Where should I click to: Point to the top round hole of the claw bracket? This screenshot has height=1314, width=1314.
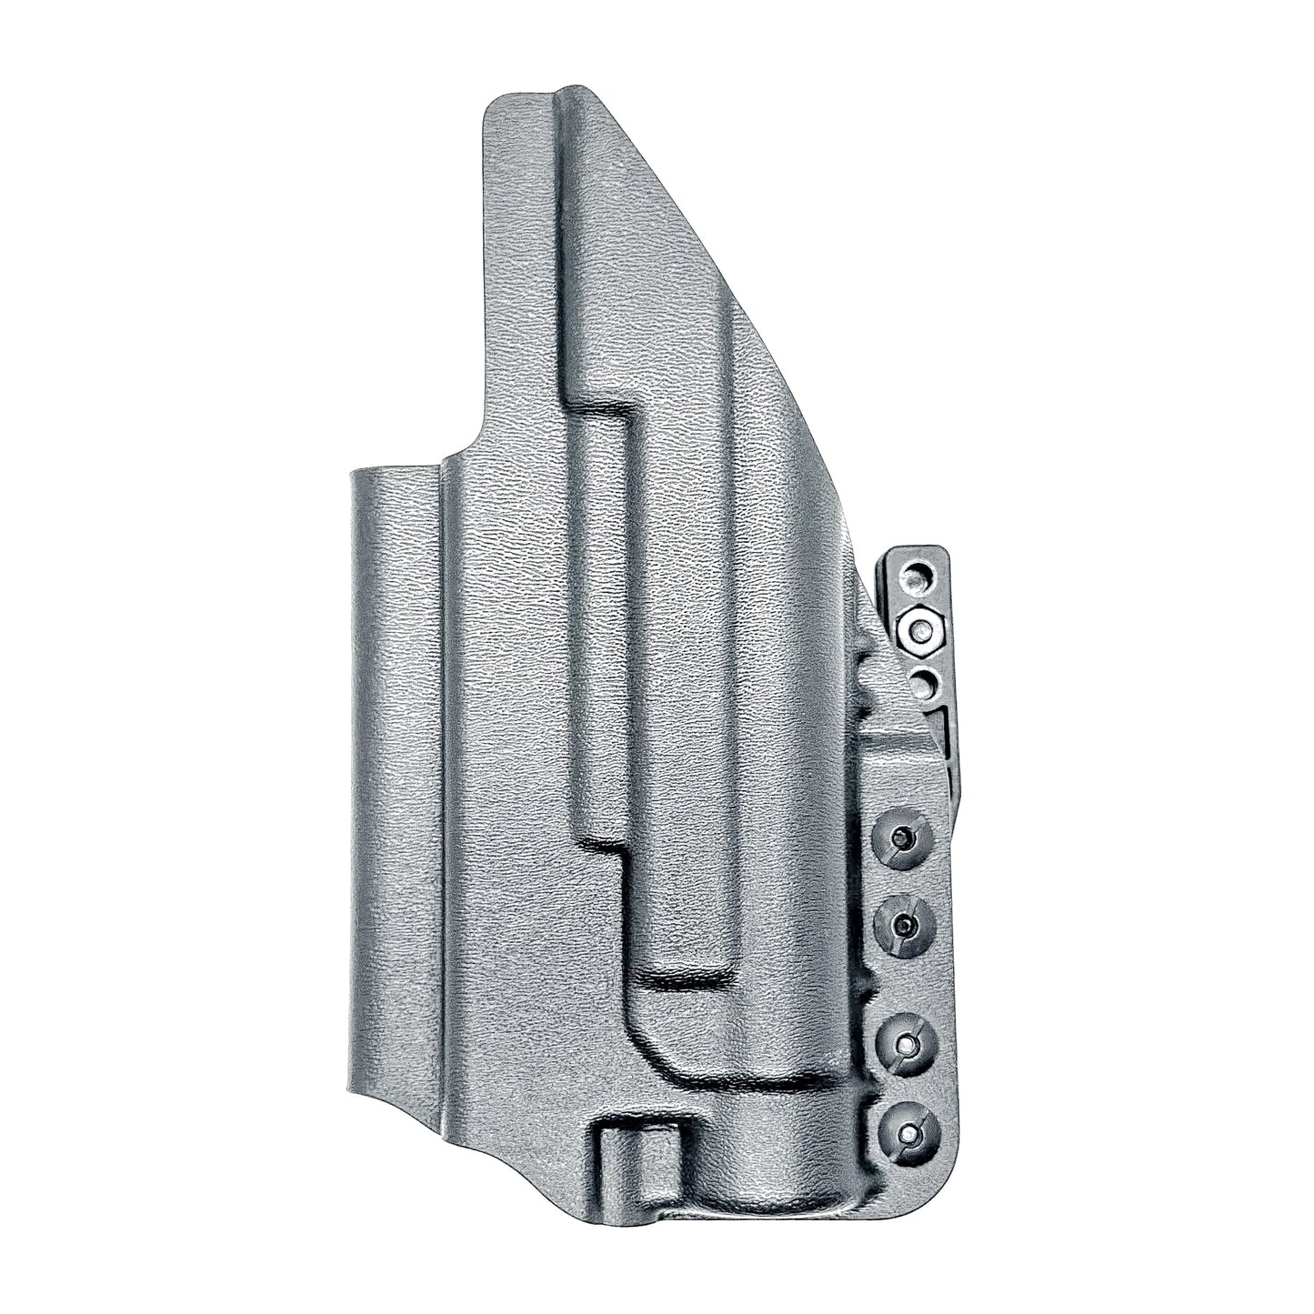pyautogui.click(x=919, y=575)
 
